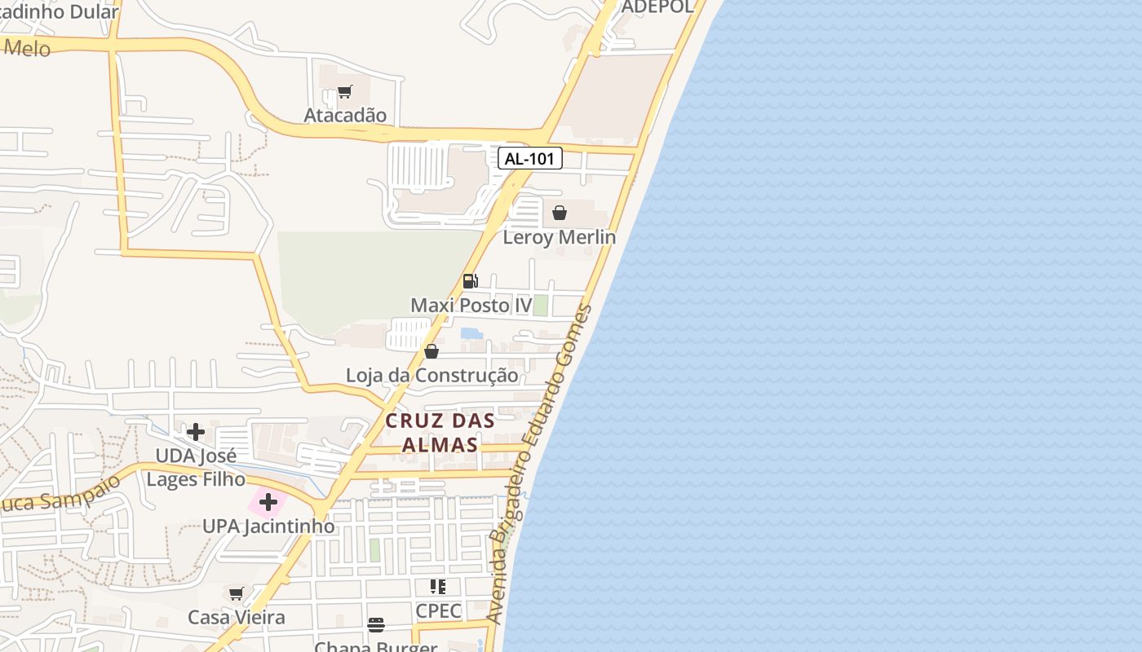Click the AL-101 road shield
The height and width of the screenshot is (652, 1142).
coord(530,158)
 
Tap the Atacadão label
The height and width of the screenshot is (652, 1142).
coord(345,115)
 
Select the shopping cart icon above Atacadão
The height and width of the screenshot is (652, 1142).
coord(345,92)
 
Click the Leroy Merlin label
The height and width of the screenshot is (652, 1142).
coord(559,237)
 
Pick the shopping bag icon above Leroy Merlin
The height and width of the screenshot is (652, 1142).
coord(560,213)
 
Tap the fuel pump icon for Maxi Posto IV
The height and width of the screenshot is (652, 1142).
coord(470,281)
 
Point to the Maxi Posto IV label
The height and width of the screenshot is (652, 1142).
coord(471,306)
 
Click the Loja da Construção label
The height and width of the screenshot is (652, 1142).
coord(432,376)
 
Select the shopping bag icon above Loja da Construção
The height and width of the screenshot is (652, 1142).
coord(432,351)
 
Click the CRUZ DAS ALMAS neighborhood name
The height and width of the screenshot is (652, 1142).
coord(440,433)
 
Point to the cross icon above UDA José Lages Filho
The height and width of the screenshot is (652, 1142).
coord(196,432)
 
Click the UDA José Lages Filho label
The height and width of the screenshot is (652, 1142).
coord(196,467)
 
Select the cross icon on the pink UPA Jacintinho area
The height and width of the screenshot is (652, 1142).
coord(268,502)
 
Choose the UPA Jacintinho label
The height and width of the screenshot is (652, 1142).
coord(268,526)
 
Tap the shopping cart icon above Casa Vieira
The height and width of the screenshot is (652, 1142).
coord(237,593)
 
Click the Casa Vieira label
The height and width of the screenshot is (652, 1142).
coord(237,617)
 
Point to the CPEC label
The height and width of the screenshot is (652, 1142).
coord(438,610)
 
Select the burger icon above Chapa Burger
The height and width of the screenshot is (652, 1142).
coord(376,625)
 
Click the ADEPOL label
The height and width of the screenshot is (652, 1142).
coord(657,7)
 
